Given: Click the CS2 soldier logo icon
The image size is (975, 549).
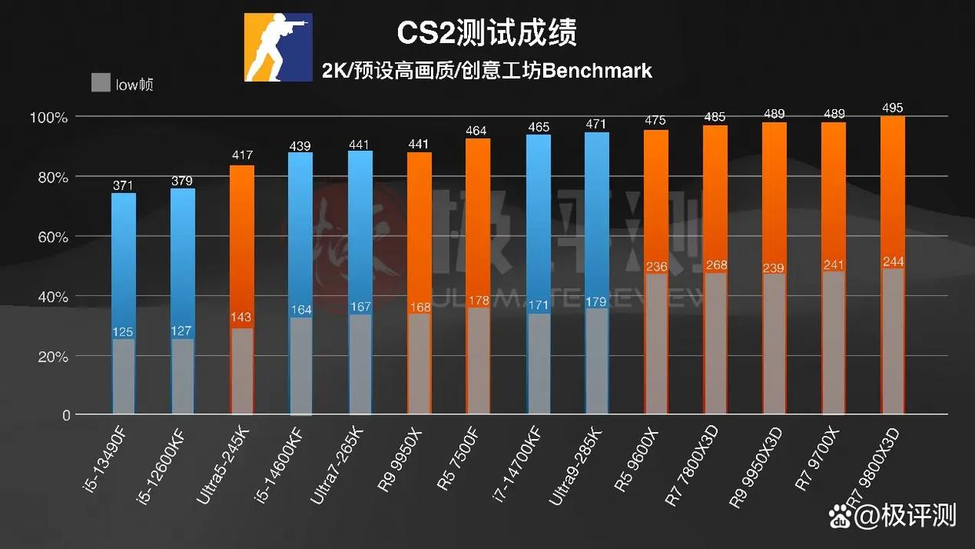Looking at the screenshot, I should (x=279, y=47).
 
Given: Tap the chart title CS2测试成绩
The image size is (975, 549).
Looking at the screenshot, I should (x=487, y=33).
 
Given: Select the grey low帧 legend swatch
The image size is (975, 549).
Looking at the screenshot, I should (x=100, y=82).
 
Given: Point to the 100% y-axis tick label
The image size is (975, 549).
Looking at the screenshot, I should (x=49, y=117).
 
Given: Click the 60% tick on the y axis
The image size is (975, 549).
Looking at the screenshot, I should (x=51, y=237).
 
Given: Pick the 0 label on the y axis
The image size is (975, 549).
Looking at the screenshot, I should (x=66, y=415).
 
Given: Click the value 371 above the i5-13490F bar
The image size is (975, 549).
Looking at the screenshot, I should (x=124, y=185).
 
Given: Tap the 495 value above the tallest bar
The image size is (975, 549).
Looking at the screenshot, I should (x=893, y=108).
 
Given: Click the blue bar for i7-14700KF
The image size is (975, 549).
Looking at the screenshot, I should (x=538, y=220).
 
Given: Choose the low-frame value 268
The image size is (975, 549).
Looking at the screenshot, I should (x=716, y=265).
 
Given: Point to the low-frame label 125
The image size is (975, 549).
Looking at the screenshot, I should (x=124, y=331).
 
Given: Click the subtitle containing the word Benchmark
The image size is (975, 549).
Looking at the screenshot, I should (x=487, y=71).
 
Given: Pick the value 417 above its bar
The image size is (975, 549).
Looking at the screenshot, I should (x=242, y=156).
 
